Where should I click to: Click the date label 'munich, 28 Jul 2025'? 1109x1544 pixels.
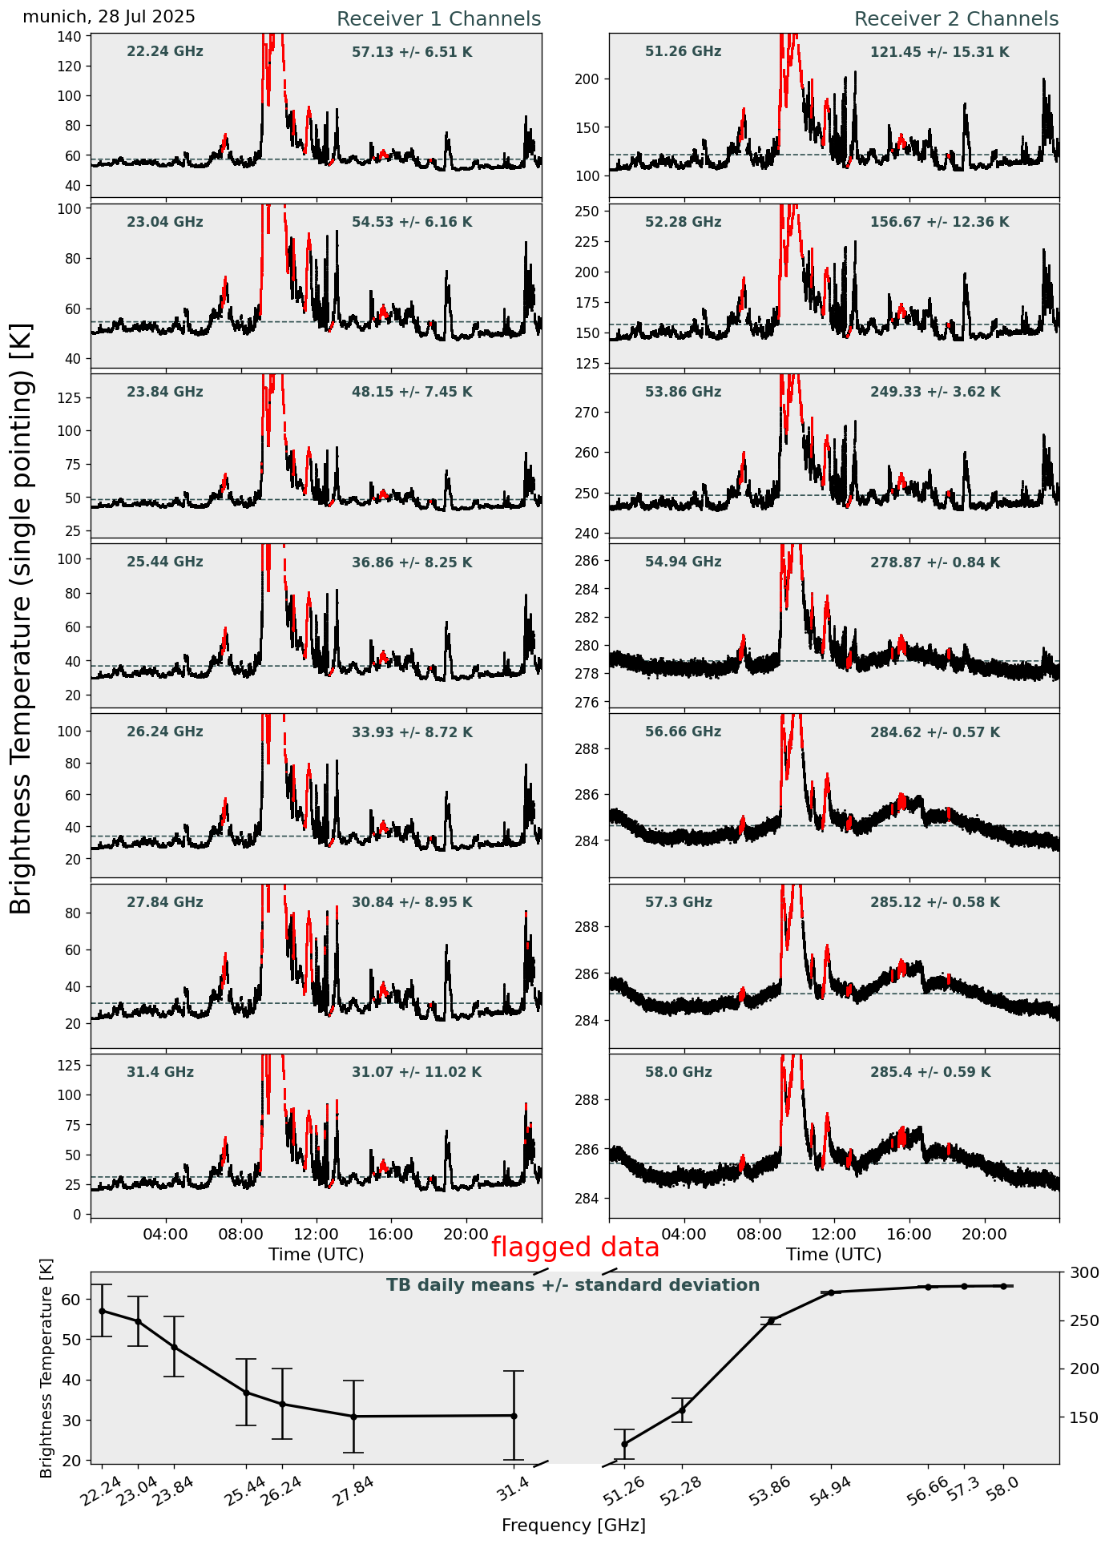[x=109, y=18]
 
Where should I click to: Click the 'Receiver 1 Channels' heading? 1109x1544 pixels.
[x=438, y=19]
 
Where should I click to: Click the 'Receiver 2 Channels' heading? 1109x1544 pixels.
[x=956, y=19]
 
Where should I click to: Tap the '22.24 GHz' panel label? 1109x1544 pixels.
[x=165, y=52]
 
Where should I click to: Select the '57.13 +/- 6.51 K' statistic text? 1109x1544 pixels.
[x=412, y=53]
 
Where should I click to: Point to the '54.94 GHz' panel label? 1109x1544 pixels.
[x=683, y=562]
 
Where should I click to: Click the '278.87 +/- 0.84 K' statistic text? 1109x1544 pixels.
[x=934, y=563]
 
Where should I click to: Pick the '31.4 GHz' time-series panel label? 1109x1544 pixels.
[x=160, y=1072]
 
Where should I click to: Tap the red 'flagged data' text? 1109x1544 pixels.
[x=575, y=1248]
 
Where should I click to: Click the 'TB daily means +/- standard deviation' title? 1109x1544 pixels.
[x=573, y=1285]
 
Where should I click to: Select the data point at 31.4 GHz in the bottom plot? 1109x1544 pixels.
[x=514, y=1416]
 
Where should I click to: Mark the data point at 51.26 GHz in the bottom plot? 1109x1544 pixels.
[x=624, y=1444]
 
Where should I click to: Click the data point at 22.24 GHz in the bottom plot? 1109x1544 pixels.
[x=102, y=1311]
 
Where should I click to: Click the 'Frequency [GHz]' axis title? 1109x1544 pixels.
[x=573, y=1526]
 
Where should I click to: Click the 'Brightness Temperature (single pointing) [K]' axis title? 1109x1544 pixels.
[x=22, y=619]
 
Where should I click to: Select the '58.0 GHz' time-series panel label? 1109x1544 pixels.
[x=678, y=1072]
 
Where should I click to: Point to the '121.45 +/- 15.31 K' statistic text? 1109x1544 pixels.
[x=939, y=53]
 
